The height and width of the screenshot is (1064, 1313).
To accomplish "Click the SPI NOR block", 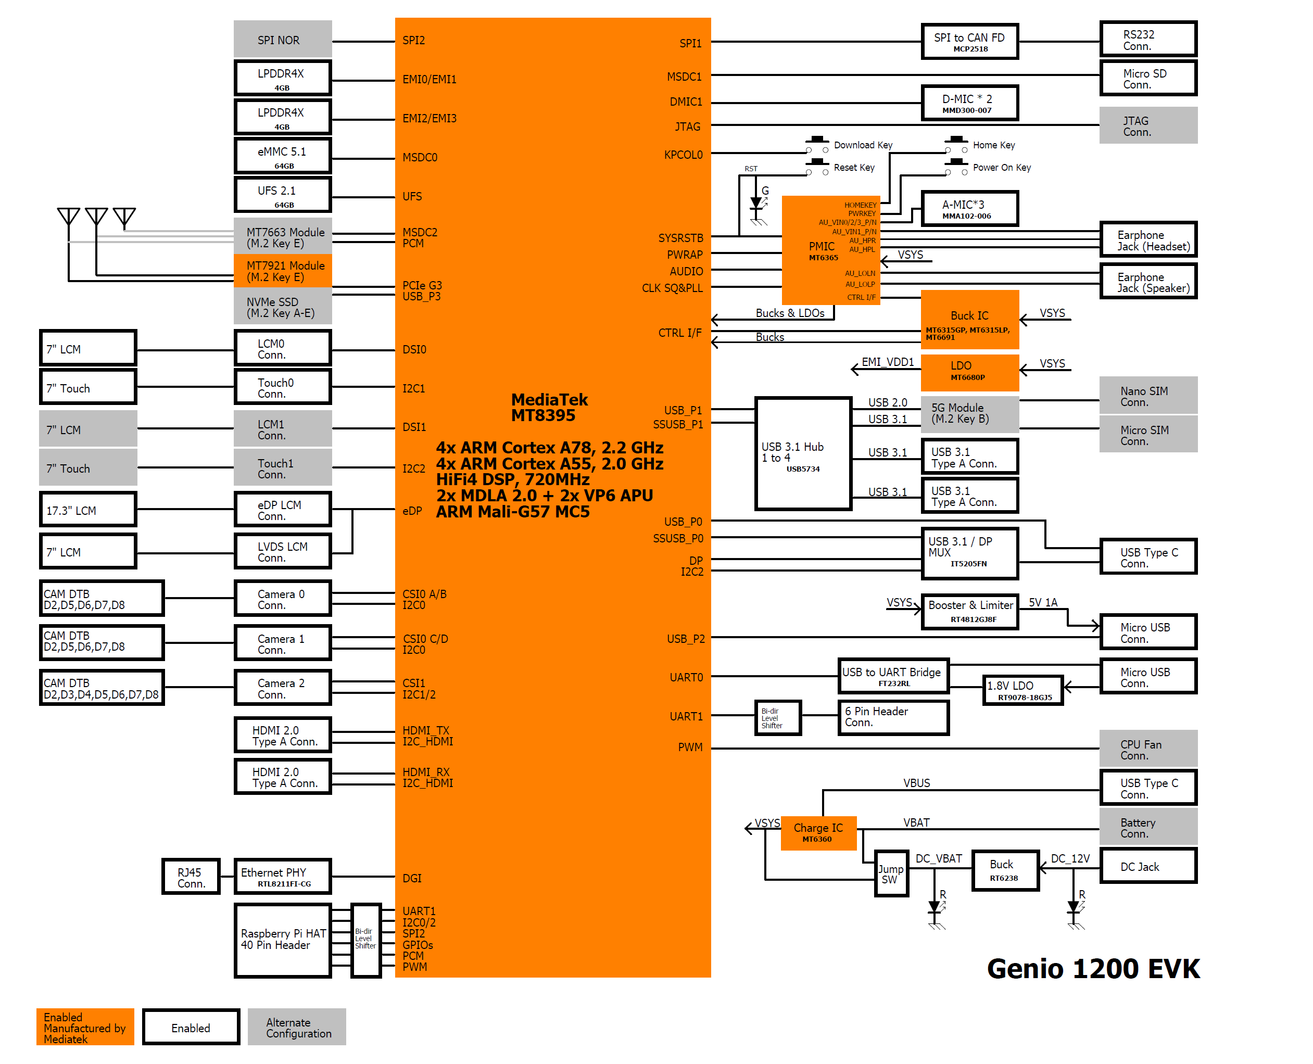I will [x=282, y=40].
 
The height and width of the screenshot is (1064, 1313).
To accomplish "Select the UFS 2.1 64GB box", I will [x=282, y=195].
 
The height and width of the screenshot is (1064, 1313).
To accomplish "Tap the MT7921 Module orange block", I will [x=282, y=271].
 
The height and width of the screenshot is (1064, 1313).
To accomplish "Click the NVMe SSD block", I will [x=282, y=307].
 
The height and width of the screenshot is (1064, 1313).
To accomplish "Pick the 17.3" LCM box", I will [x=87, y=509].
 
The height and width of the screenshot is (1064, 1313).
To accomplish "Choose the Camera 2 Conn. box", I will [x=282, y=688].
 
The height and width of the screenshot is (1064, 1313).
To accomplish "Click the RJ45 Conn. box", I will [x=191, y=877].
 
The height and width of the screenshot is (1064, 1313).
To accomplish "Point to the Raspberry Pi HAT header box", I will [x=282, y=940].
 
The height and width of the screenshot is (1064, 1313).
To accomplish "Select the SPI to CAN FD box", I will [x=969, y=42].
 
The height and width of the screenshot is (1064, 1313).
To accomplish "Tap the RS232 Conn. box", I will [x=1147, y=40].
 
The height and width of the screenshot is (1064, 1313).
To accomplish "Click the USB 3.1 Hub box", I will [x=803, y=454].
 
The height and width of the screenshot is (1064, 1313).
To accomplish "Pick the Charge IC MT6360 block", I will [x=818, y=832].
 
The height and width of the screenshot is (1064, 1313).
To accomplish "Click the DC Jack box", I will [x=1147, y=866].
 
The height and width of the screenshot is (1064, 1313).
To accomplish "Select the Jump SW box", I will [x=890, y=874].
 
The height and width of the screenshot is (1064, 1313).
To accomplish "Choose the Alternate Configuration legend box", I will [x=297, y=1027].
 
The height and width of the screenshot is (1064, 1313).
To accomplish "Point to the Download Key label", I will [x=863, y=145].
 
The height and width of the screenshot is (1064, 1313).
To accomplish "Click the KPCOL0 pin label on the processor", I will [x=683, y=155].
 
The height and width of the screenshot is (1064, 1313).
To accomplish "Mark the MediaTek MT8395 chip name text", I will [x=549, y=408].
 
